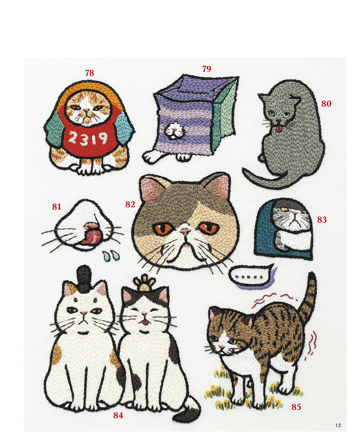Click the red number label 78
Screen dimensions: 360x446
(x=90, y=73)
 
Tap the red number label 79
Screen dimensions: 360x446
(x=207, y=69)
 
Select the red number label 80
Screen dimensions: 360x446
(x=326, y=104)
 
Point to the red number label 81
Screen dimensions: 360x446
(x=57, y=206)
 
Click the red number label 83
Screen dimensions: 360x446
(x=322, y=219)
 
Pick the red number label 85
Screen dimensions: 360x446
(x=296, y=407)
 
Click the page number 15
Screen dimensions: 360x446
(x=338, y=425)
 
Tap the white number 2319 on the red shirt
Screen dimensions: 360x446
(x=88, y=138)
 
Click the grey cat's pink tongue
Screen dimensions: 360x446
(x=279, y=129)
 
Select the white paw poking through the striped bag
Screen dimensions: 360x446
(x=175, y=130)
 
